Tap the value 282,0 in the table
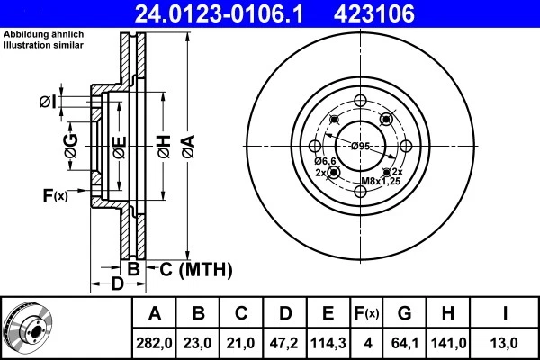(x=155, y=343)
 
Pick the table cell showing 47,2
(x=285, y=343)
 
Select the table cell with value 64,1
(x=405, y=343)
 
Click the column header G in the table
(x=405, y=314)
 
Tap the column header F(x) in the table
(x=366, y=314)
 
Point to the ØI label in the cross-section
(x=49, y=103)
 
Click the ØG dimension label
(x=70, y=144)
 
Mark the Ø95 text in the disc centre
(x=362, y=147)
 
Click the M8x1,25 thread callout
(x=381, y=181)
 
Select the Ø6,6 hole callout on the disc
(x=325, y=161)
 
